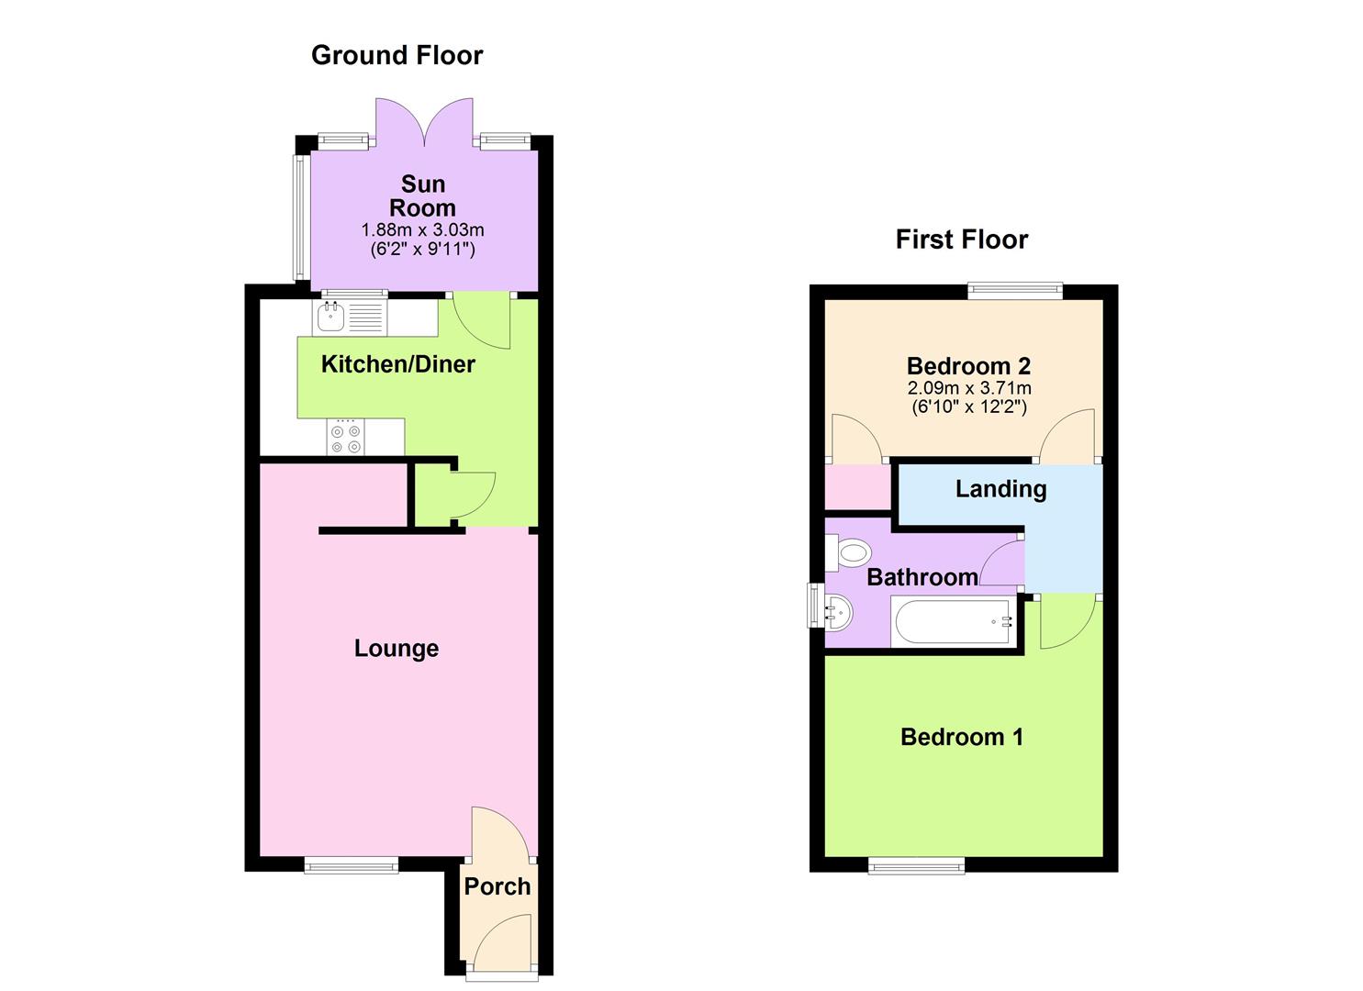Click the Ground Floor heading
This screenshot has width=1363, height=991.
(x=397, y=55)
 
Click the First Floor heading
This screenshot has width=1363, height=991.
(x=961, y=239)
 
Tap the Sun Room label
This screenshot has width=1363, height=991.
(x=422, y=196)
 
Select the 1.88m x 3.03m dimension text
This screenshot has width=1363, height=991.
(x=422, y=229)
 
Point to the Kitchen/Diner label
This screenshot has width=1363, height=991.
(x=397, y=364)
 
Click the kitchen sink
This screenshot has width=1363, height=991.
(x=330, y=318)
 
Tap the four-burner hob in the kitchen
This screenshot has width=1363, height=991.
(x=346, y=438)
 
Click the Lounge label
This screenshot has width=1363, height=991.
(x=397, y=649)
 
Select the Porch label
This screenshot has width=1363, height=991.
(x=497, y=886)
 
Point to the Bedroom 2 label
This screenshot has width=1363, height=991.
(x=968, y=366)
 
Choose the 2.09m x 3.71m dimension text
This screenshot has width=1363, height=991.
(x=968, y=388)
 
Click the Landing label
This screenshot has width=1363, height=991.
(x=1000, y=489)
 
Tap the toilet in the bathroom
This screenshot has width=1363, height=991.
(x=851, y=553)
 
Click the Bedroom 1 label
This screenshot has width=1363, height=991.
(x=961, y=737)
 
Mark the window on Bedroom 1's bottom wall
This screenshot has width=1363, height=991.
(x=917, y=864)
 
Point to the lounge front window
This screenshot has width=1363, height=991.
(x=352, y=864)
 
